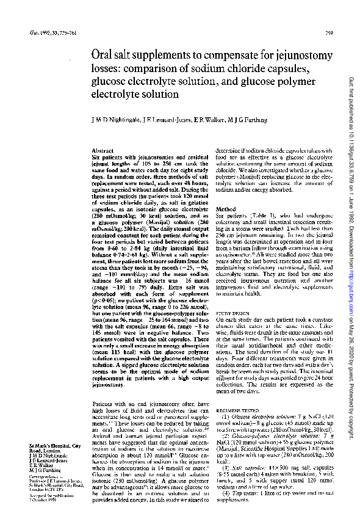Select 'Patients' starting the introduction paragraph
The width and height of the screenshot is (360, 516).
click(x=102, y=404)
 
